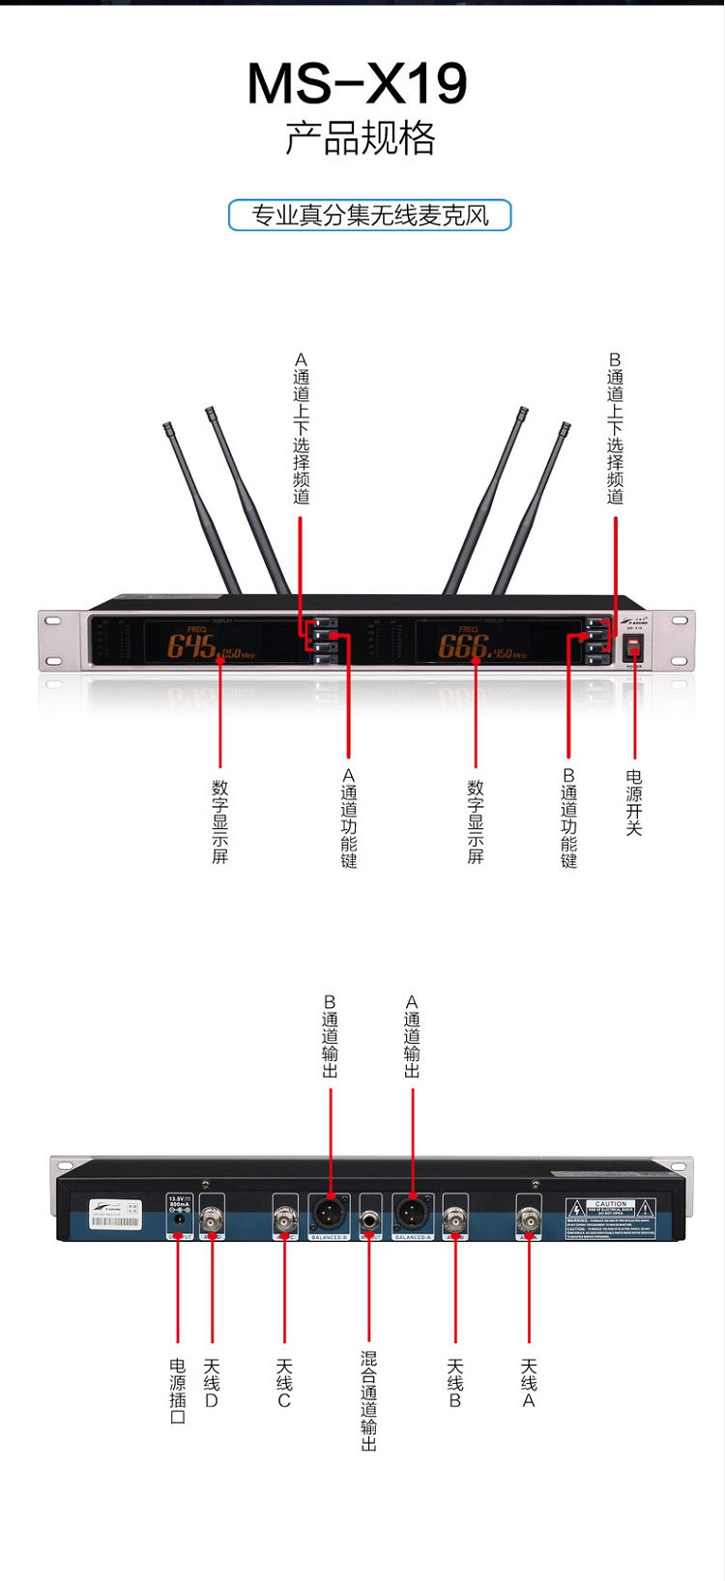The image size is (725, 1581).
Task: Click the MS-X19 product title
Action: [x=358, y=84]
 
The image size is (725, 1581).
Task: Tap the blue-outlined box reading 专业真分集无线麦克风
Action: [x=369, y=215]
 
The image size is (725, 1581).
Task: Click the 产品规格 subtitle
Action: [x=360, y=138]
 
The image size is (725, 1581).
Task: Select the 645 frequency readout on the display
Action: [x=192, y=645]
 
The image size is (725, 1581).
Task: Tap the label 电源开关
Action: [x=634, y=802]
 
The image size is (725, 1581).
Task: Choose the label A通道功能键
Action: [x=349, y=818]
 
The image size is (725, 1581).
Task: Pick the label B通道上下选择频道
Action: [x=616, y=428]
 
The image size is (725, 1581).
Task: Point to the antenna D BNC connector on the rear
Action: [x=212, y=1220]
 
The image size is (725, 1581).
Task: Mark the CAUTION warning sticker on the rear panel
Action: [x=611, y=1219]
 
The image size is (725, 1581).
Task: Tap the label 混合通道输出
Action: [x=369, y=1400]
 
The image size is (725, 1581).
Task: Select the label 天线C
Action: [x=284, y=1383]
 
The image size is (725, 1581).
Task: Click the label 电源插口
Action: [x=178, y=1391]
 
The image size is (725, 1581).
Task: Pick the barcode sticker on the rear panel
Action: [x=116, y=1215]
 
